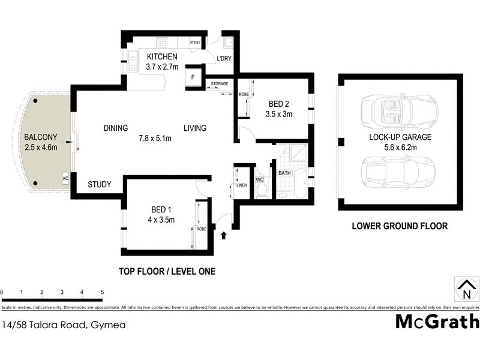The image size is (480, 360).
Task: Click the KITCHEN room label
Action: click(x=163, y=57)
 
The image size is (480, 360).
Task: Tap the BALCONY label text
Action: click(x=38, y=136)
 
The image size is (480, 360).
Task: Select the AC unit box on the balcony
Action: click(x=65, y=179)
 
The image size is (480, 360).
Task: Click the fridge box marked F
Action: click(x=193, y=78)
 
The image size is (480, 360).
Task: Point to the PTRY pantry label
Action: click(x=195, y=43)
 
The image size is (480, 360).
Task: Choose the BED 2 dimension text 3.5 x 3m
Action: click(x=278, y=114)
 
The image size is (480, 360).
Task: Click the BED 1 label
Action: click(x=162, y=209)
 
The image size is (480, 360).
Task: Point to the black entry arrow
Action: click(x=224, y=235)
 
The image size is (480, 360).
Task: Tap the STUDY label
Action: click(x=100, y=185)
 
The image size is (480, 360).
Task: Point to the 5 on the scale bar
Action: click(x=102, y=292)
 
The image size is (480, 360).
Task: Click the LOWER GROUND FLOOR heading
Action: click(x=400, y=227)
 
